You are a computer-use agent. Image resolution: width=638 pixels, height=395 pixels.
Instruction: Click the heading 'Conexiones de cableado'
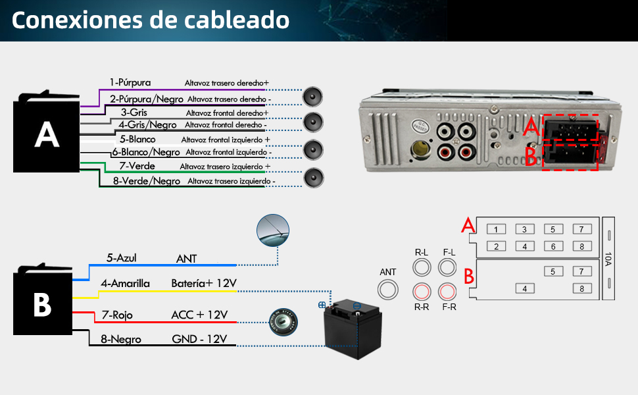150,20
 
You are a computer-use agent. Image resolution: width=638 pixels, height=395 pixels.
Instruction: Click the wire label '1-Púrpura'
130,83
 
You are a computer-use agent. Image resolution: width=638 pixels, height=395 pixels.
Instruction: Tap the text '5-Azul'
122,259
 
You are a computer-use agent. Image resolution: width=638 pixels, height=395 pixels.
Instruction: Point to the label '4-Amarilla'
125,284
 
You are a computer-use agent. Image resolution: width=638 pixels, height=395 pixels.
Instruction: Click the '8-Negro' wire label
122,340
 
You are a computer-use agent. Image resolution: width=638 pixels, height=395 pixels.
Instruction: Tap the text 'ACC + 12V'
199,315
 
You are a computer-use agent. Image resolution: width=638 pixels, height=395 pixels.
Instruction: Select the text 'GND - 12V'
199,340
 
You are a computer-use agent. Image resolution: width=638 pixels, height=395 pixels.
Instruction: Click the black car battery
354,329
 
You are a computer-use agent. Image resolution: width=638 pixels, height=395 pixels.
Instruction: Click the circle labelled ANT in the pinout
388,290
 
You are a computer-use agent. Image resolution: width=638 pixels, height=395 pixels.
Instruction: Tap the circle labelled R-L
422,267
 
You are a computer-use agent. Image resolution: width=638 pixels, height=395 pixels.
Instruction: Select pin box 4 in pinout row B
524,288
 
